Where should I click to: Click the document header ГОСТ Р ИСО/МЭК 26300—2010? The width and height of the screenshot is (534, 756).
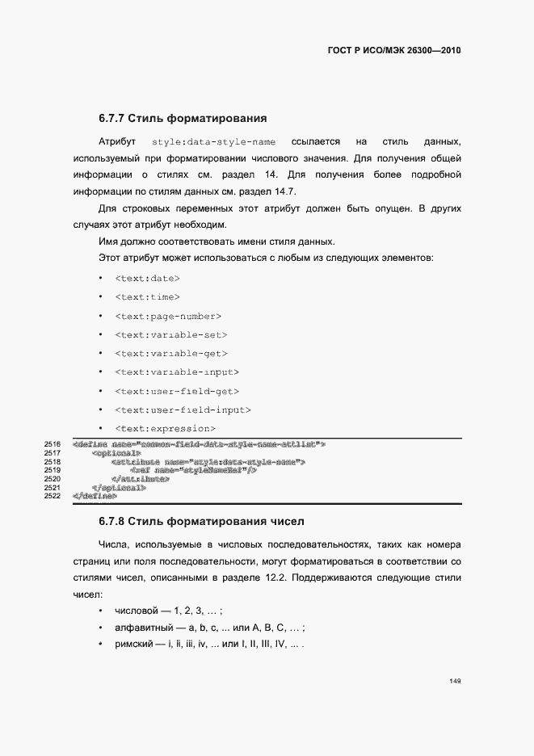point(393,50)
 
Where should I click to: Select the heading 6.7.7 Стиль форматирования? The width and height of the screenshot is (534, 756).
point(183,118)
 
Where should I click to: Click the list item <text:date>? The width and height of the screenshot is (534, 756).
point(148,278)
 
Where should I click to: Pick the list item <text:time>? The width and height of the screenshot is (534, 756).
point(148,297)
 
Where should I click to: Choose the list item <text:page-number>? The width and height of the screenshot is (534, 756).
point(168,316)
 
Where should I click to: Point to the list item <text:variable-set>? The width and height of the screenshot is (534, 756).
point(171,334)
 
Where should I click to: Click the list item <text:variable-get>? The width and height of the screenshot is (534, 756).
point(171,353)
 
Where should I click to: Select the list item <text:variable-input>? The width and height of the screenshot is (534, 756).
point(177,372)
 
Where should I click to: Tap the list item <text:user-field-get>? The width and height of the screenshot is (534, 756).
point(177,391)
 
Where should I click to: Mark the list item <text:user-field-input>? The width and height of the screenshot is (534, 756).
point(183,409)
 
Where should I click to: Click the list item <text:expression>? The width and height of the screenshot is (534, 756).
point(166,428)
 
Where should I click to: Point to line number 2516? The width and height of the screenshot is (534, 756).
point(53,444)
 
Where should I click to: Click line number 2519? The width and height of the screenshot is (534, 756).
point(53,470)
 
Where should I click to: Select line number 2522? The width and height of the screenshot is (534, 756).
point(53,496)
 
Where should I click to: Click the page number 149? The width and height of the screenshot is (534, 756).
point(455,682)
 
